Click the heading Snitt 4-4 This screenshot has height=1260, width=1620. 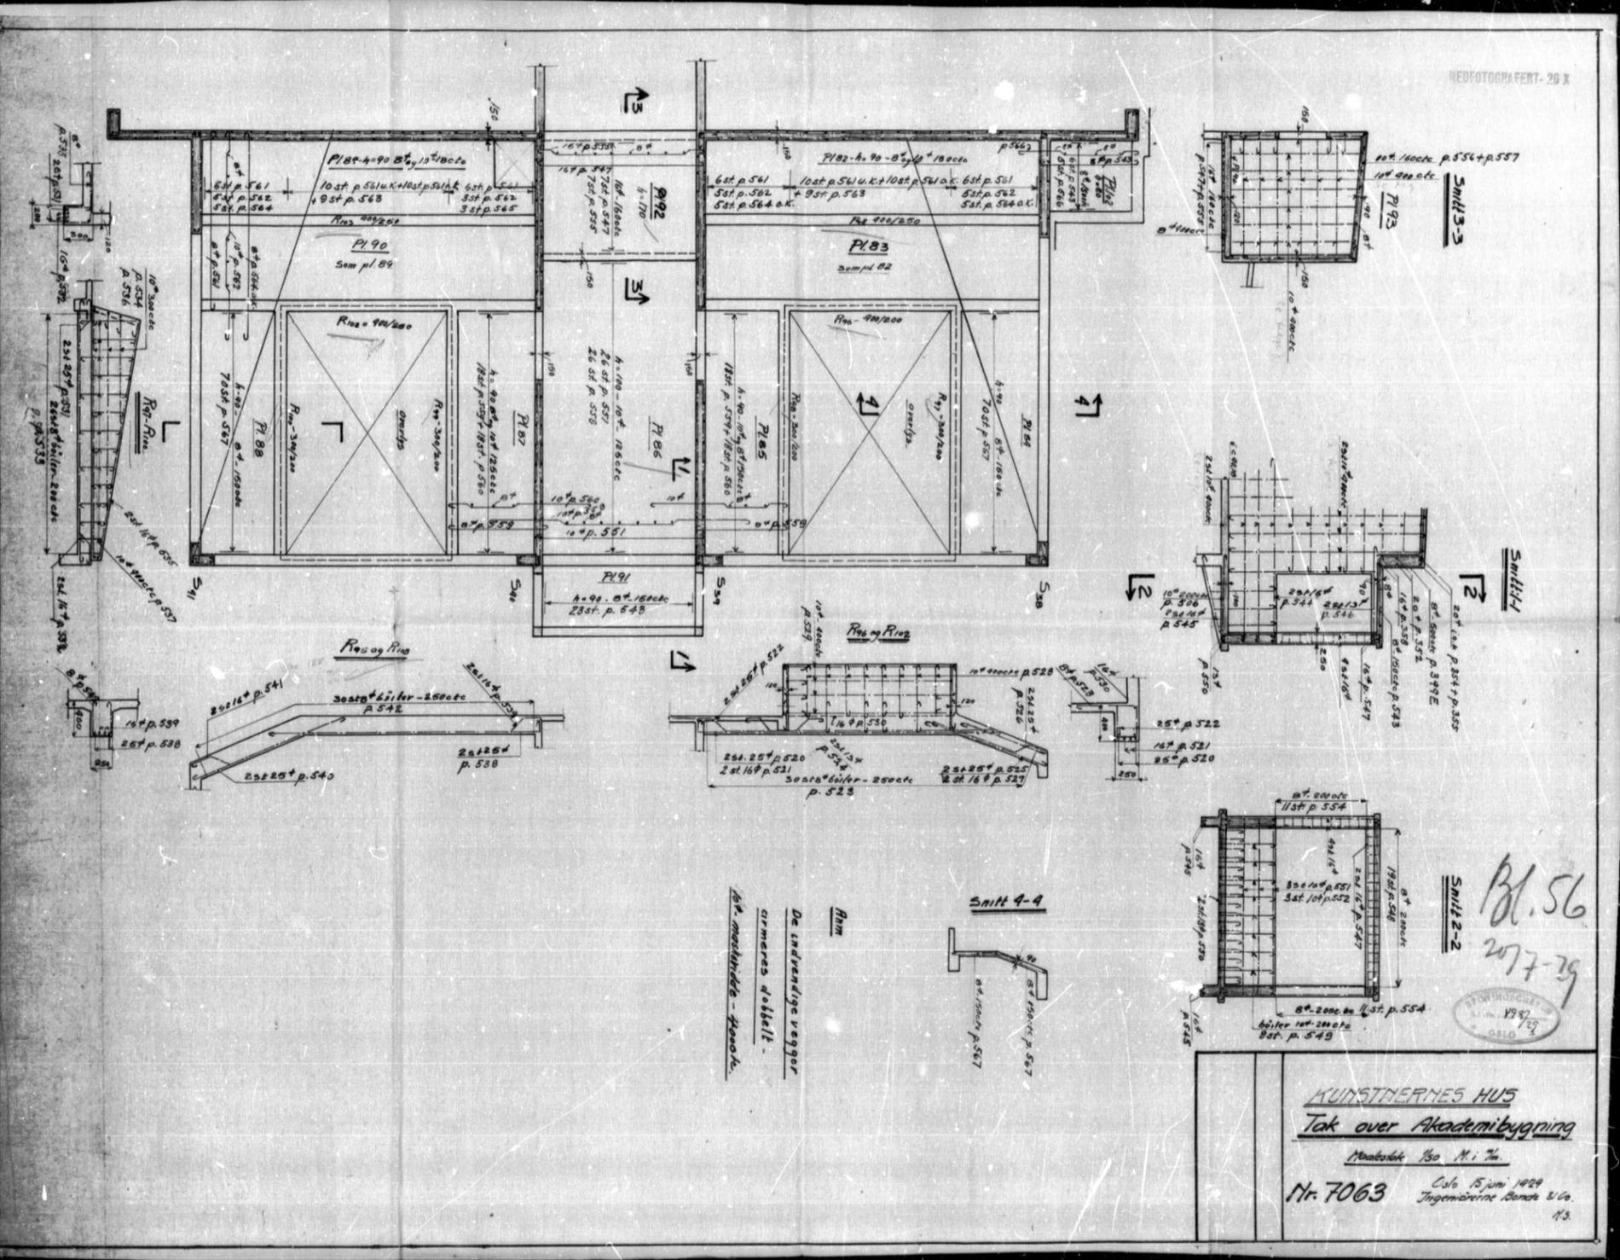coord(1005,903)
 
